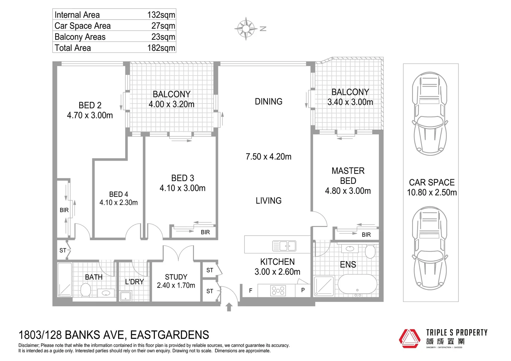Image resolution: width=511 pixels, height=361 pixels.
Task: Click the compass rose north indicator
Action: [246, 29]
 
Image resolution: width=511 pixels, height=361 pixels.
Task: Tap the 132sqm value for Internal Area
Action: [161, 15]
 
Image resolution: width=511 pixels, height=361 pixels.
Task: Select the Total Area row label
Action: [73, 48]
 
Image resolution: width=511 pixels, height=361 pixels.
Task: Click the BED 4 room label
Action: [118, 194]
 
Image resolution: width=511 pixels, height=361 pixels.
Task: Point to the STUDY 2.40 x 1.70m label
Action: [176, 281]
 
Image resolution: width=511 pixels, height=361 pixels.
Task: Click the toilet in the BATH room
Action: [86, 290]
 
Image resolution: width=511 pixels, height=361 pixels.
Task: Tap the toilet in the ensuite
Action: [370, 251]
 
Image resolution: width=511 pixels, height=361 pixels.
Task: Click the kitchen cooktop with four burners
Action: [278, 290]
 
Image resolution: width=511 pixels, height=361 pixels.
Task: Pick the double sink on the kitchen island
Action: [284, 246]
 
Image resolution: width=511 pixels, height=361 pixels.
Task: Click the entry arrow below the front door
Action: [229, 307]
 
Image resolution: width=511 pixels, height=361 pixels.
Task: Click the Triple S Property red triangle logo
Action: [409, 339]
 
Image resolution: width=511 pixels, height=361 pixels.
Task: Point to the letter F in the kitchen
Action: [250, 291]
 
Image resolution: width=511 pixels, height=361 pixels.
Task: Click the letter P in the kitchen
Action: [303, 290]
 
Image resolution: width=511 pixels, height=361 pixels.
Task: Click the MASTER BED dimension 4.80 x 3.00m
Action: [348, 191]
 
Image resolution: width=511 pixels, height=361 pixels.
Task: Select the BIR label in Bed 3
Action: [205, 232]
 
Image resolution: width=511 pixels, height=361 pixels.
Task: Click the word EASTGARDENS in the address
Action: [170, 335]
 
